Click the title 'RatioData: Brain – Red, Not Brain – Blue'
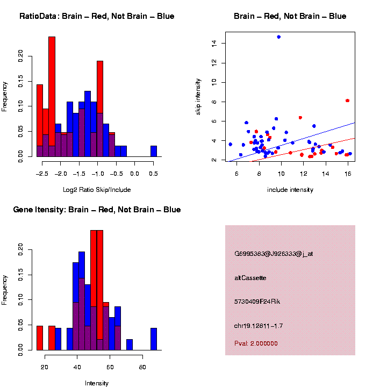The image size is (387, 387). tap(97, 16)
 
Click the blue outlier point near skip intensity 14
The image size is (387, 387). tap(278, 37)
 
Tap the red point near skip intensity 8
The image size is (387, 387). tap(347, 101)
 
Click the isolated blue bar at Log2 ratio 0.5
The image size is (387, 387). tap(154, 151)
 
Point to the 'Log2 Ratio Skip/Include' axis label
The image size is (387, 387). tap(97, 190)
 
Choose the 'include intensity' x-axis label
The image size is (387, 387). tap(290, 190)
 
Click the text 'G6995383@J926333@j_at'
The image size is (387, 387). tap(274, 254)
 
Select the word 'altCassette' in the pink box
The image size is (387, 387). tap(250, 278)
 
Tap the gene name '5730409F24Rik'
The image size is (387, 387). tap(257, 302)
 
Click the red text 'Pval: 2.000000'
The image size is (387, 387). tap(256, 343)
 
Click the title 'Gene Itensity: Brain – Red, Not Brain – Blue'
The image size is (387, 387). tap(97, 210)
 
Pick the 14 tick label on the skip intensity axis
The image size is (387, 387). tap(214, 43)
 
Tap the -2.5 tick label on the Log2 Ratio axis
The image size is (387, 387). tap(40, 174)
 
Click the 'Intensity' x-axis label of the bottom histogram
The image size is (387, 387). tap(97, 383)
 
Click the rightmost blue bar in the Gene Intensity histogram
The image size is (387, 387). tap(154, 339)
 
